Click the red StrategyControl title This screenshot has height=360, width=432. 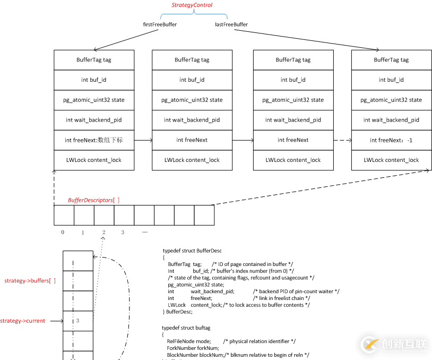(192, 5)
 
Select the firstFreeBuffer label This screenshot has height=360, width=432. (160, 24)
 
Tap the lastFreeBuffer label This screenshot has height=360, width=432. (231, 24)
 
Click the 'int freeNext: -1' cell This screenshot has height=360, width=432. (391, 140)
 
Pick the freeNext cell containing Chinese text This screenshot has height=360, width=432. (93, 140)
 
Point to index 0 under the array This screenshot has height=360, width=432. (63, 232)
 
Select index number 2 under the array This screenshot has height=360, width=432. (104, 232)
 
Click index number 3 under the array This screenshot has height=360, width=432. (123, 232)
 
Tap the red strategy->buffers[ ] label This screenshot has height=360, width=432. (30, 280)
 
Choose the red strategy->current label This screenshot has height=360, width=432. (23, 321)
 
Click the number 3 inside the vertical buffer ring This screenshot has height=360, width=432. (77, 321)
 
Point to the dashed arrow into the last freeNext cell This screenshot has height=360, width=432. (342, 140)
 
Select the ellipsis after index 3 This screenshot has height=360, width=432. (144, 232)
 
